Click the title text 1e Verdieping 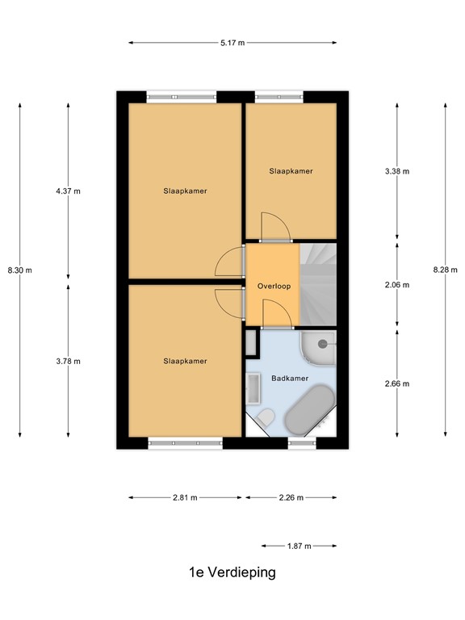click(232, 572)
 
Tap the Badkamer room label click(288, 376)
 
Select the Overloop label click(274, 286)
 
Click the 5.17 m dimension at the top click(232, 43)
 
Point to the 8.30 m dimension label click(19, 270)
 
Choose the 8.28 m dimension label click(445, 270)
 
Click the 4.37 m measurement click(68, 191)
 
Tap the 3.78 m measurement click(68, 361)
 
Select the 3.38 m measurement click(397, 171)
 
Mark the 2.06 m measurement click(397, 285)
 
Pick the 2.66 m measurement click(397, 383)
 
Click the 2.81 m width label click(185, 498)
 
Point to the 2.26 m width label click(290, 498)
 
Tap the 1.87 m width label click(299, 547)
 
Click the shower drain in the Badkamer click(322, 344)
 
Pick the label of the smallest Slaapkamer click(291, 171)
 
